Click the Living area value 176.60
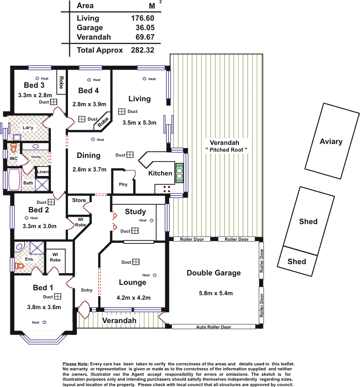click(142, 18)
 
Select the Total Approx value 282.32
click(142, 50)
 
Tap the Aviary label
click(331, 141)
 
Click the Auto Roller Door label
click(214, 327)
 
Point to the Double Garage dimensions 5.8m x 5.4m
click(216, 293)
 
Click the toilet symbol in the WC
click(13, 148)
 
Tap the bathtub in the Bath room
click(14, 180)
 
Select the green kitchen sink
click(180, 173)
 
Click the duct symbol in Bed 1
click(58, 296)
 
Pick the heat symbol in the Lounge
click(155, 275)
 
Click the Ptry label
click(123, 184)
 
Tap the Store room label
click(79, 200)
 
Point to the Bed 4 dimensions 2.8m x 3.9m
click(89, 104)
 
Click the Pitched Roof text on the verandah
click(226, 149)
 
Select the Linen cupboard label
click(43, 171)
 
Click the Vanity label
click(36, 157)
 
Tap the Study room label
click(135, 211)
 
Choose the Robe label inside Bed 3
click(61, 82)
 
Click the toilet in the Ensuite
click(19, 266)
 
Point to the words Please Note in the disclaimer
click(76, 364)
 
